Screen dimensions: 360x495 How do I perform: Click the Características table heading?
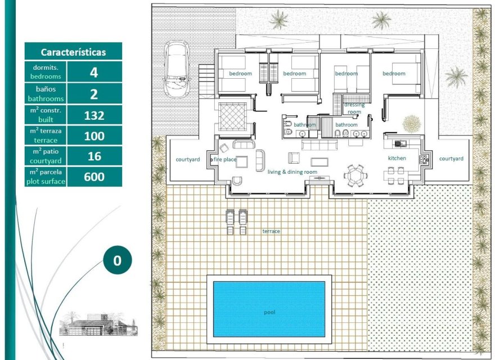[73, 52]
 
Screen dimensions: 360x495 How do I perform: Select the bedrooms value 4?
[94, 71]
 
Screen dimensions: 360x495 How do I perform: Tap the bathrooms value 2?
[94, 94]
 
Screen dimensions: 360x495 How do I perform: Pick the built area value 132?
[94, 115]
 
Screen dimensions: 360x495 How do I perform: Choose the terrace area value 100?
[94, 136]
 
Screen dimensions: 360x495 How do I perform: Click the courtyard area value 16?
[94, 156]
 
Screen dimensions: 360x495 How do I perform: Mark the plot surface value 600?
[94, 177]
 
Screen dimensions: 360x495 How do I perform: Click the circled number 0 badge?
[117, 260]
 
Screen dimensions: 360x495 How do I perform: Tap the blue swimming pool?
[268, 309]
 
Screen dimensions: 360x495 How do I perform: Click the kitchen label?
[397, 158]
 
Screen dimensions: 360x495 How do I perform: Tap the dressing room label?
[354, 108]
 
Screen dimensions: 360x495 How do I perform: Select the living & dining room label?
[292, 172]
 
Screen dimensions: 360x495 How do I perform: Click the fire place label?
[225, 159]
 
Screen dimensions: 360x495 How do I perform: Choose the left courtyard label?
[188, 159]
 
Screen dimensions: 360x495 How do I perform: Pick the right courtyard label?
[451, 159]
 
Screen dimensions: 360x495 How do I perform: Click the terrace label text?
[271, 231]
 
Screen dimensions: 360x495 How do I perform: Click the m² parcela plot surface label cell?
[46, 177]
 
